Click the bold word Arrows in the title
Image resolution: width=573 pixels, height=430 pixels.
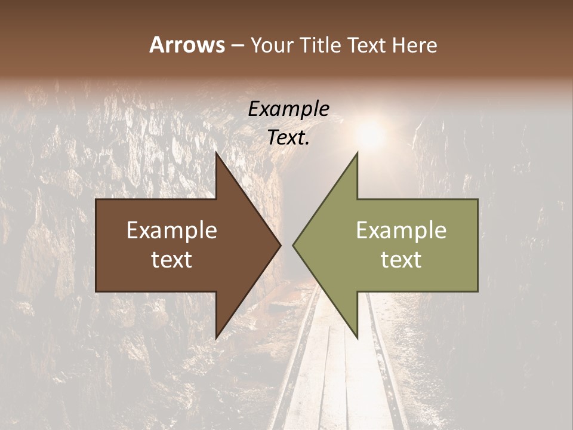click(x=187, y=45)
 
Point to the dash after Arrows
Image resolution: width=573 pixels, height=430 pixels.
click(x=237, y=46)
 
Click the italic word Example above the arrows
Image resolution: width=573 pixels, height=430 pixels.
click(x=288, y=109)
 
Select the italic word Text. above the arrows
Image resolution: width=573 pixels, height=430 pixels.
click(x=288, y=137)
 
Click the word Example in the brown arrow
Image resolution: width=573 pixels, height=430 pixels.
click(x=172, y=231)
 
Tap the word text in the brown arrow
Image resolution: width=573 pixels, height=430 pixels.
click(x=172, y=259)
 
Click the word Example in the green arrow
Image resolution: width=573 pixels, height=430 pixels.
click(x=401, y=231)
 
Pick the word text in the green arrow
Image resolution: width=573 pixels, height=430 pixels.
click(x=401, y=259)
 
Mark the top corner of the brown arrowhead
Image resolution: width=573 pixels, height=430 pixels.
click(x=217, y=153)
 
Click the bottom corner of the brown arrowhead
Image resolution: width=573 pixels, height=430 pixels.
click(x=217, y=337)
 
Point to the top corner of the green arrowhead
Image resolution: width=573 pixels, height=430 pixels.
click(x=357, y=153)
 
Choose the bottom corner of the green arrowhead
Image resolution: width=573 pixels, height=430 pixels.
click(x=357, y=337)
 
